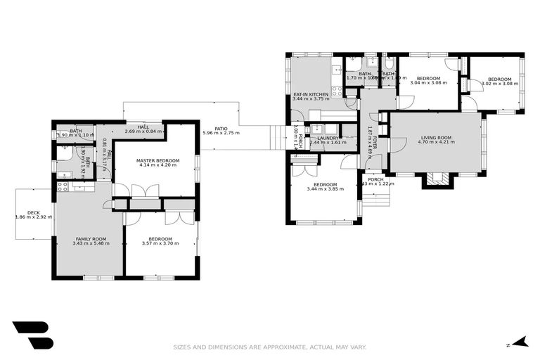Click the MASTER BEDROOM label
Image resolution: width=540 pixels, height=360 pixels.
[x=159, y=160]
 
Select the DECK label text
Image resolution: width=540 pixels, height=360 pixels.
[x=34, y=212]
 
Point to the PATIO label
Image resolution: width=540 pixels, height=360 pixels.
[x=221, y=128]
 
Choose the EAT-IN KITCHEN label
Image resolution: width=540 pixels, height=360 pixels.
[x=311, y=94]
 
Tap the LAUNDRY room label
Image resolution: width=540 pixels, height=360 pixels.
[x=328, y=138]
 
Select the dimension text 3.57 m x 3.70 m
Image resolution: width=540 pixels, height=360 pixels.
[x=160, y=243]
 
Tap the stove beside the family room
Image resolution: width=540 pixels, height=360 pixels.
[x=62, y=187]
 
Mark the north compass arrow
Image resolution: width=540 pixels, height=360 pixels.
[x=520, y=343]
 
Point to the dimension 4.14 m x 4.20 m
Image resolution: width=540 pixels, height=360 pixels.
[x=159, y=165]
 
